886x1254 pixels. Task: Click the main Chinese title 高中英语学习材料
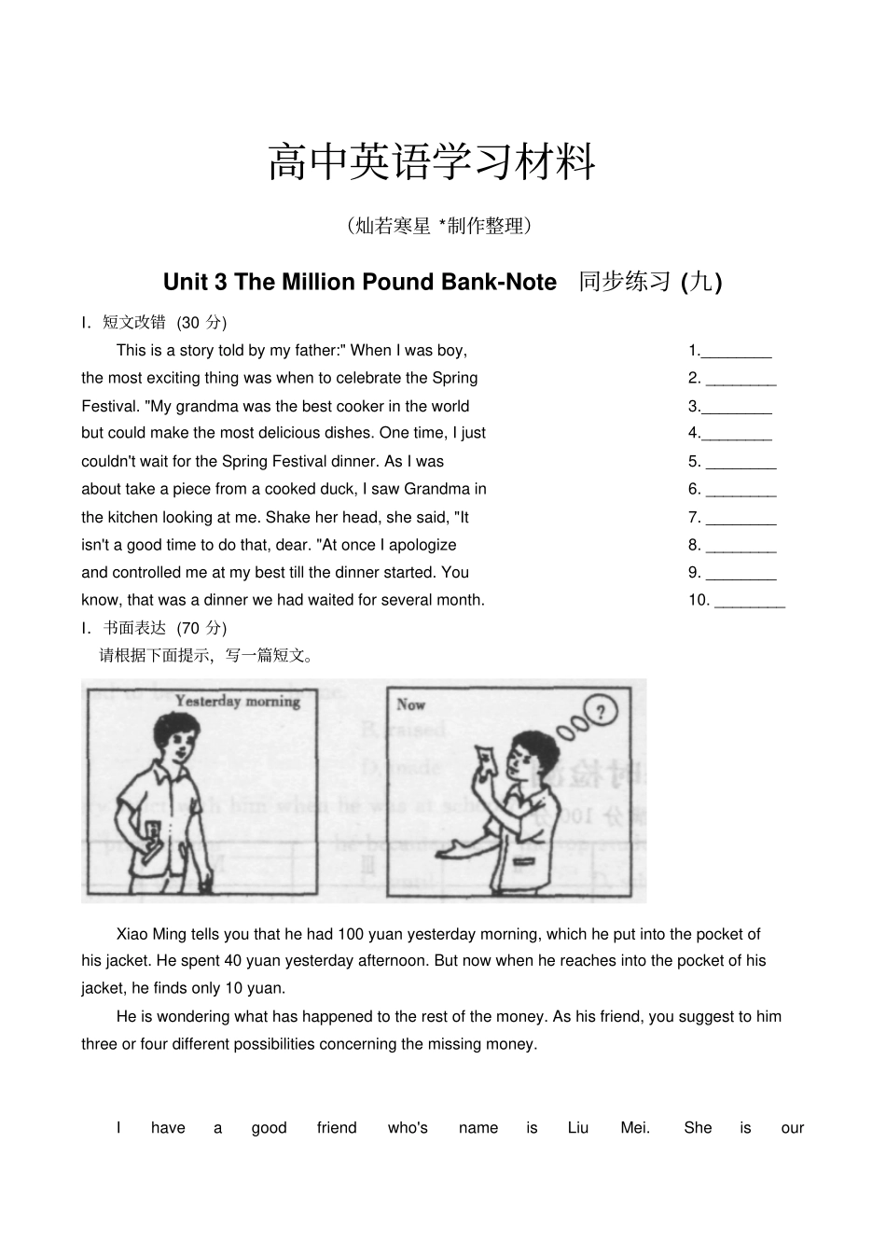[x=431, y=162]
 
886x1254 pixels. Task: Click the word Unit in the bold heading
[x=185, y=282]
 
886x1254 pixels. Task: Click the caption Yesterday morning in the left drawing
[x=237, y=702]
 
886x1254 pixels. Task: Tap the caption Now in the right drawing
[x=410, y=704]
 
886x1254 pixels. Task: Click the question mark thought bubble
[x=601, y=713]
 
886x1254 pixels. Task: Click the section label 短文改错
[x=133, y=323]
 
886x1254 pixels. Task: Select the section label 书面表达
[x=133, y=628]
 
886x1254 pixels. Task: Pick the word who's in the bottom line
[x=408, y=1128]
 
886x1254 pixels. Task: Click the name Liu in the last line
[x=578, y=1128]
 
